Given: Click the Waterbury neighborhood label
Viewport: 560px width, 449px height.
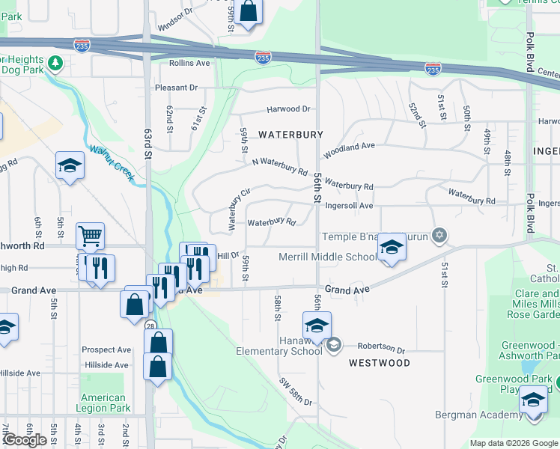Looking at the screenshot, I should coord(290,135).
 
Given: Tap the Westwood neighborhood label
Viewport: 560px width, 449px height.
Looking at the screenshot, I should coord(380,363).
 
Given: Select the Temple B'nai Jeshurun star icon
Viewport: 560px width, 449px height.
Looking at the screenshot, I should coord(440,236).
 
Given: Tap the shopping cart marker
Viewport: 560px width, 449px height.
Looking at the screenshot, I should coord(90,236).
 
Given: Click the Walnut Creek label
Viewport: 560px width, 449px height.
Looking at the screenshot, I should coord(111,162).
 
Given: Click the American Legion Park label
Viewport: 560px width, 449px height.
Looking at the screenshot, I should coord(103,403).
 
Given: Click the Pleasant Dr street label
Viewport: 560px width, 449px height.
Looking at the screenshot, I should coord(176,88).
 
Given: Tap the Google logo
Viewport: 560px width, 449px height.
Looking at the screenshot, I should coord(24,440).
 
